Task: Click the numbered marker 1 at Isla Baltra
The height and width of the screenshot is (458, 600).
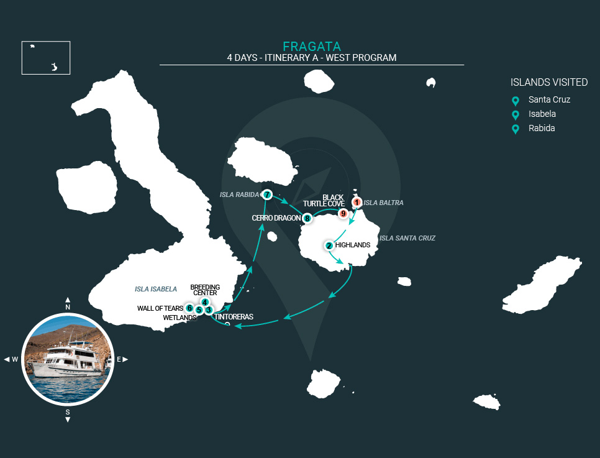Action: pyautogui.click(x=357, y=202)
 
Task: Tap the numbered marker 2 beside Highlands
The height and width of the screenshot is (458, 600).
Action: pyautogui.click(x=329, y=245)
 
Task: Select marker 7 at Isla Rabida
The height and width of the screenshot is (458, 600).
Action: pyautogui.click(x=267, y=195)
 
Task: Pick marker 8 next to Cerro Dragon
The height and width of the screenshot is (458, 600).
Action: pyautogui.click(x=307, y=218)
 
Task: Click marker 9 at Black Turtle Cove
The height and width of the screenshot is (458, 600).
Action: pyautogui.click(x=342, y=214)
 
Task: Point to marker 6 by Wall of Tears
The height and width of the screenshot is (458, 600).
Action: pyautogui.click(x=189, y=308)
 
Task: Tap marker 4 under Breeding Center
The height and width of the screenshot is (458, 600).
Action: pyautogui.click(x=205, y=303)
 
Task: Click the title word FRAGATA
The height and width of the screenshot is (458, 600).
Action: pyautogui.click(x=311, y=47)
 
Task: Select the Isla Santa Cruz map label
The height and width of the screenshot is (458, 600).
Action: pyautogui.click(x=407, y=238)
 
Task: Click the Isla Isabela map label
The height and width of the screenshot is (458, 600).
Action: pyautogui.click(x=156, y=289)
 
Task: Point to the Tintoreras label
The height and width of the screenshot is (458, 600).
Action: pyautogui.click(x=234, y=317)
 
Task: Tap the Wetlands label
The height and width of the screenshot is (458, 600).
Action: pyautogui.click(x=180, y=318)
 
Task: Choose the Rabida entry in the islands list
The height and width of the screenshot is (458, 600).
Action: pyautogui.click(x=542, y=129)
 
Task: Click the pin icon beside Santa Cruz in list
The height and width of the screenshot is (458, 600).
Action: pyautogui.click(x=515, y=101)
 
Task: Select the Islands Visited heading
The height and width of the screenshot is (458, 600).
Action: pyautogui.click(x=549, y=82)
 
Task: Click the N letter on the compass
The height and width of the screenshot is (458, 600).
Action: pyautogui.click(x=68, y=307)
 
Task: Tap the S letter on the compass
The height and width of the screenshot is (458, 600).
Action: pyautogui.click(x=68, y=412)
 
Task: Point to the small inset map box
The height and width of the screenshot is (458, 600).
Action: pyautogui.click(x=46, y=58)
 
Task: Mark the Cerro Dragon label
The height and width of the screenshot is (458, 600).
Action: pyautogui.click(x=276, y=218)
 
